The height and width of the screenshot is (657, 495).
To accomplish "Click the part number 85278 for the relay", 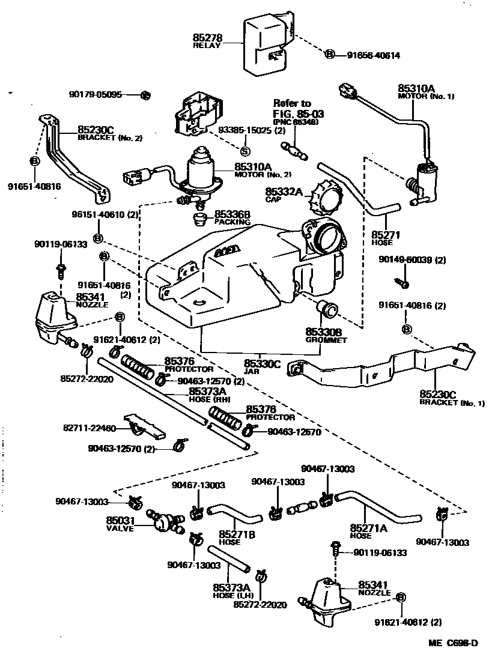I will tap(206, 37).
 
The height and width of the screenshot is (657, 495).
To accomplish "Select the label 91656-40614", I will tap(373, 55).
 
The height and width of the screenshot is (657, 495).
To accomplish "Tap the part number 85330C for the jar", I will tap(263, 363).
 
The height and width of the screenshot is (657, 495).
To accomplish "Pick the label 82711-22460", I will tap(90, 428).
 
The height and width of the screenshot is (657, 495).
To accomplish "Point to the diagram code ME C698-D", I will tap(453, 644).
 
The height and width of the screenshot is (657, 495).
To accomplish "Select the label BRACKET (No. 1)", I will tap(452, 403).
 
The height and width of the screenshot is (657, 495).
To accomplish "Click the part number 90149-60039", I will tap(412, 259).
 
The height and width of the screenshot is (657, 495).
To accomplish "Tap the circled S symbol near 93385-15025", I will tap(245, 151).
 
